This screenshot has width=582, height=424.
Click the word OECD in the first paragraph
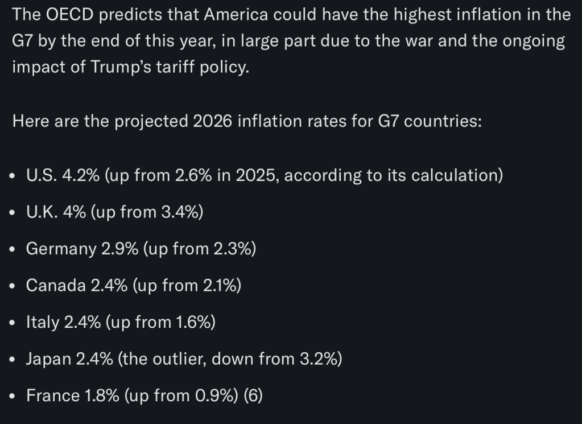pos(71,14)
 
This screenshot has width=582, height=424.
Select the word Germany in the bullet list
pos(61,249)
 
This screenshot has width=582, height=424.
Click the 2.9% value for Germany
pos(120,249)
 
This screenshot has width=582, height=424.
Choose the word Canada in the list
pos(56,285)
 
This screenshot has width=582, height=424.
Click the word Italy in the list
pos(43,322)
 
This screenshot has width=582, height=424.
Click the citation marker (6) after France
pos(253,396)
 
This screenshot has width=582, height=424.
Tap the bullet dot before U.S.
pos(13,176)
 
